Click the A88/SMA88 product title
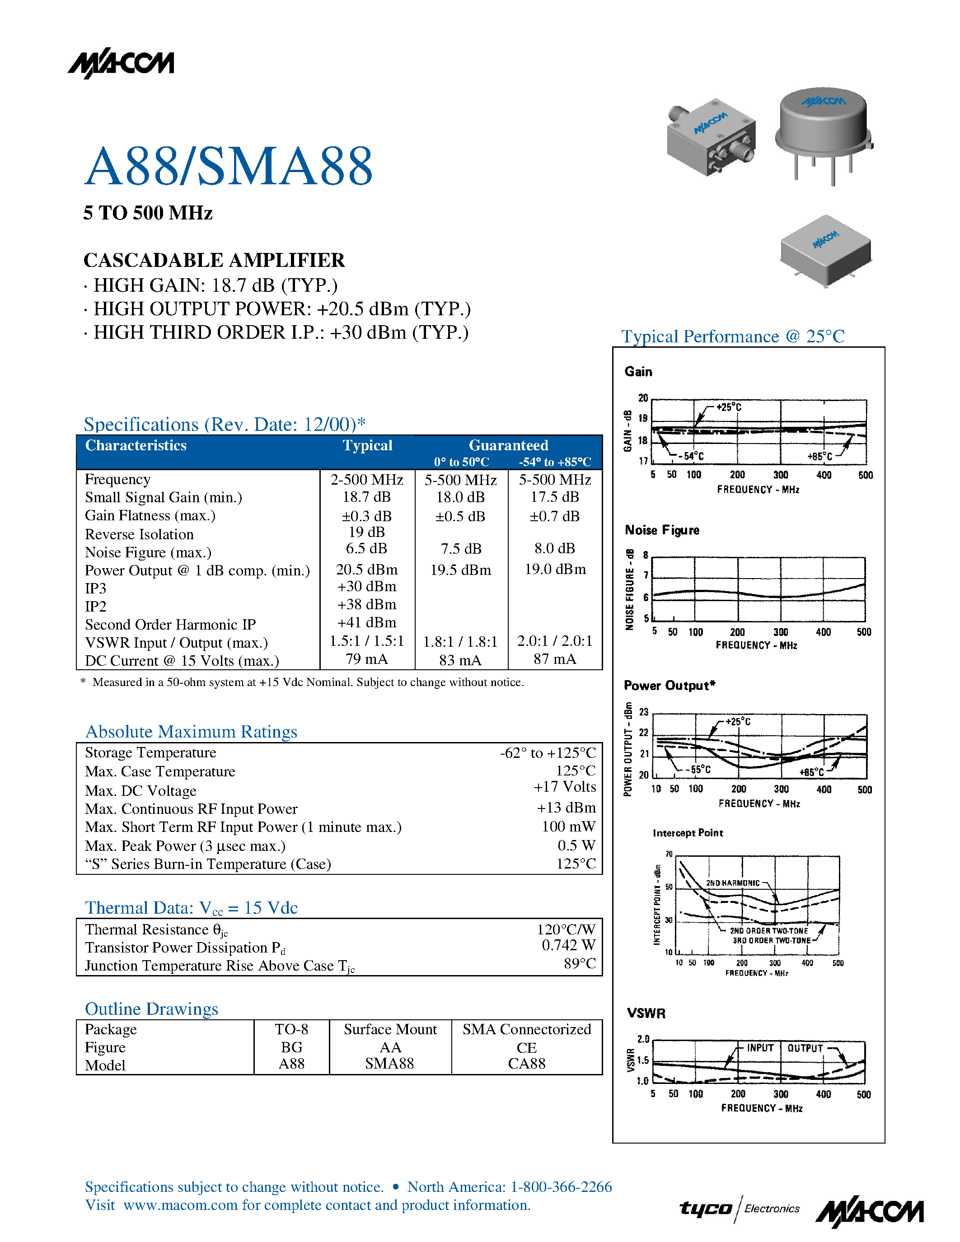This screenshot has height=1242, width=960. (229, 166)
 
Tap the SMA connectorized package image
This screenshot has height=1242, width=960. (712, 136)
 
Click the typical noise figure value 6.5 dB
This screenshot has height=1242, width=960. (366, 548)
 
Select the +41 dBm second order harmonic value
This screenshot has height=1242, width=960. (366, 622)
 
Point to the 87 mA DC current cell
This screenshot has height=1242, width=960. (554, 659)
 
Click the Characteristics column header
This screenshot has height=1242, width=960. (136, 445)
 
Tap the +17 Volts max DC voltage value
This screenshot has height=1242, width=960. (564, 787)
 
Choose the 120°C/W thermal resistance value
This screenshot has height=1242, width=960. (566, 929)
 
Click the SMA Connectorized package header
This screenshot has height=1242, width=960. (527, 1029)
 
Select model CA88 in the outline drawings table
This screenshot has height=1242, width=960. (527, 1064)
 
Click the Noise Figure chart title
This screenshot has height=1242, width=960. (661, 530)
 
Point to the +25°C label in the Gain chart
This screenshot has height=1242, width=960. (729, 407)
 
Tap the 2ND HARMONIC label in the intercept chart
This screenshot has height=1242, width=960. (732, 883)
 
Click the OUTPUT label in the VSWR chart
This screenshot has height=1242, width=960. (805, 1048)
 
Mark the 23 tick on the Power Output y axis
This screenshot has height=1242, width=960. (644, 712)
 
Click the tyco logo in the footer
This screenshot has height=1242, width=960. (705, 1209)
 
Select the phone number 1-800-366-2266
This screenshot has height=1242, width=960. (561, 1187)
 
